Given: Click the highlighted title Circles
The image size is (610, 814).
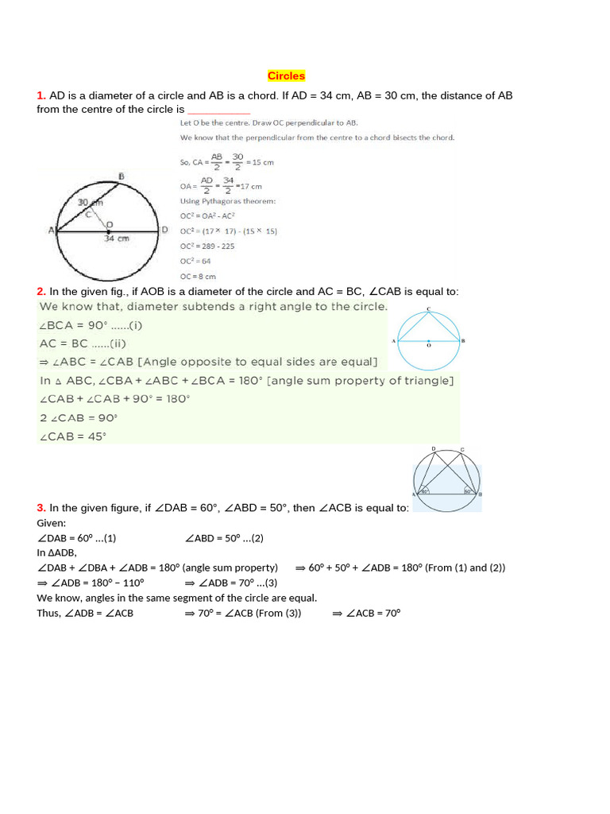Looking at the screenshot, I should point(286,76).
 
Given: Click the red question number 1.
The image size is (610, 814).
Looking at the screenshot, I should point(41,95).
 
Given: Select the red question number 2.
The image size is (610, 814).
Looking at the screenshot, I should point(41,292).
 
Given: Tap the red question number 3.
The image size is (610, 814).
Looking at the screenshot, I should point(41,508).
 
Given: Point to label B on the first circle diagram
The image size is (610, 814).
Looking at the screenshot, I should point(121,176).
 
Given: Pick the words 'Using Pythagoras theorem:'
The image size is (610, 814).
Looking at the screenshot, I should point(229,201).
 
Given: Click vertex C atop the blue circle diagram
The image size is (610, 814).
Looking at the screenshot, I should point(429,308).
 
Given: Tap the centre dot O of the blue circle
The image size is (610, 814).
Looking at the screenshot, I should point(429,340).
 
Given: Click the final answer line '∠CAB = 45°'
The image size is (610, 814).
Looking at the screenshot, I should point(72,436).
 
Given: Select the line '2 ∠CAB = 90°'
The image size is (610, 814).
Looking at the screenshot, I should point(78,417).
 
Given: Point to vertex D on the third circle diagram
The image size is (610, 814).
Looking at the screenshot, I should point(433,450).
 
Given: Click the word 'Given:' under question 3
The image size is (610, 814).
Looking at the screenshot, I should point(52,523).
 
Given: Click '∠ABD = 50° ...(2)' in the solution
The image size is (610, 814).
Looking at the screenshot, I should point(224,538).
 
